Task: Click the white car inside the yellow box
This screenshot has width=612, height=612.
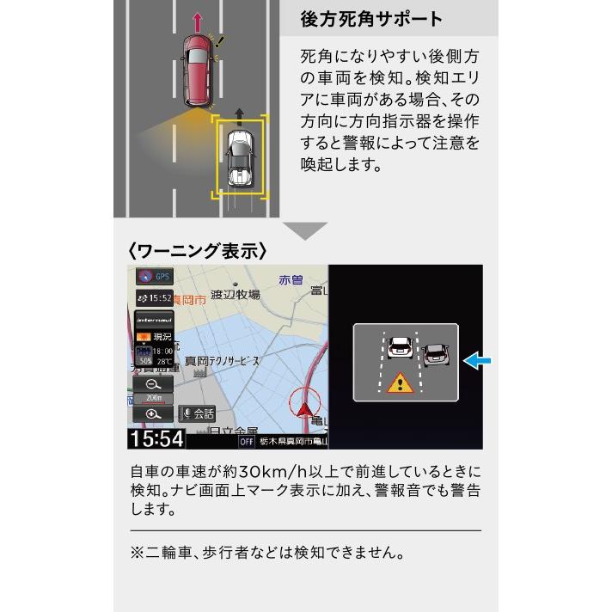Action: pyautogui.click(x=240, y=157)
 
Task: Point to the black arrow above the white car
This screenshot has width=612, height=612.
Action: pyautogui.click(x=240, y=112)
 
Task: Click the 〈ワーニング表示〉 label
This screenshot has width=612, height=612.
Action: pyautogui.click(x=197, y=251)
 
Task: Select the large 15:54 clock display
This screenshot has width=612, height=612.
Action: pyautogui.click(x=156, y=439)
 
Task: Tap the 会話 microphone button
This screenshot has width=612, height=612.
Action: pyautogui.click(x=198, y=413)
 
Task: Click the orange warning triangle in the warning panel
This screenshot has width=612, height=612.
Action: pyautogui.click(x=399, y=382)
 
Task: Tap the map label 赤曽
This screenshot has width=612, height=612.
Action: pyautogui.click(x=291, y=280)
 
